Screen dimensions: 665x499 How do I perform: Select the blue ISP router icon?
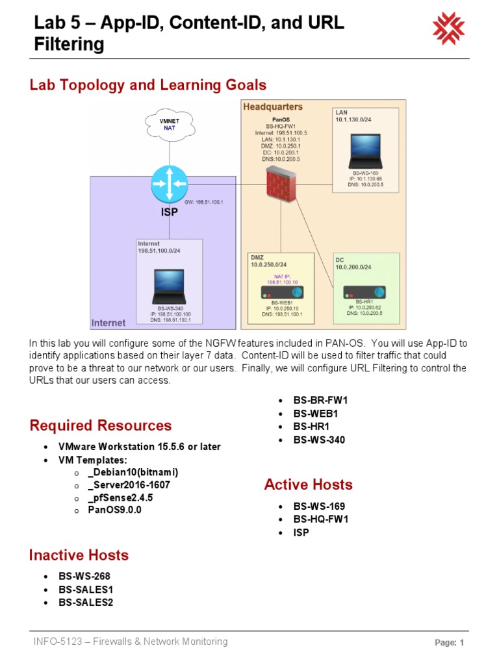[x=169, y=183]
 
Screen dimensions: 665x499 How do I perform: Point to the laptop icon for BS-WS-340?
[x=170, y=286]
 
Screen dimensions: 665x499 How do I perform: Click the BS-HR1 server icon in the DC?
[x=364, y=292]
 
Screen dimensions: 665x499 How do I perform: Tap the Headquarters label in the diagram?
[x=273, y=107]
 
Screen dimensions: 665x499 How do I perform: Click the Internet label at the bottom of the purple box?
[x=109, y=323]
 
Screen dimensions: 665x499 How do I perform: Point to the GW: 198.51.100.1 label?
[x=203, y=202]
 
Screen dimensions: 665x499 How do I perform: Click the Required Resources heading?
[x=101, y=425]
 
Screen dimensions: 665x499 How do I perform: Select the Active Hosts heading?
[x=308, y=484]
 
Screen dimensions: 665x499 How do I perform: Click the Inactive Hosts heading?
[x=79, y=555]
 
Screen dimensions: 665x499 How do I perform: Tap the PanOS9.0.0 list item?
[x=114, y=510]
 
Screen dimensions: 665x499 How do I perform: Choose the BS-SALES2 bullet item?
[x=86, y=602]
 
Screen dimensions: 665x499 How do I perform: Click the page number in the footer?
[x=449, y=643]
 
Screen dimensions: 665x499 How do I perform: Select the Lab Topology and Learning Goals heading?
[x=148, y=85]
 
